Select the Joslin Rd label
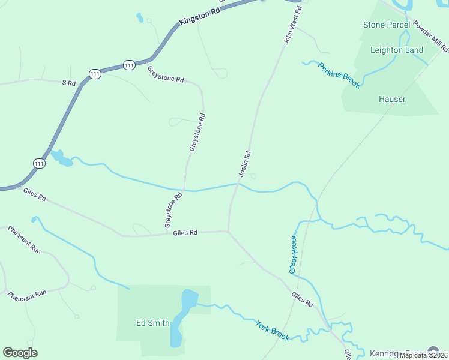click(244, 164)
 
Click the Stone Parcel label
click(387, 25)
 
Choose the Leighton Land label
click(397, 50)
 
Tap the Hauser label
click(392, 99)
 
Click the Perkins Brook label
click(339, 75)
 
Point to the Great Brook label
click(293, 254)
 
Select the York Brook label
click(273, 331)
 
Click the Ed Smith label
click(152, 323)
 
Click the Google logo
click(20, 353)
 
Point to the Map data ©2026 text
click(423, 355)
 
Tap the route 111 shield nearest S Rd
click(95, 73)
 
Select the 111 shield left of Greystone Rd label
click(129, 64)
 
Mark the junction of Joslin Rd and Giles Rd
click(228, 231)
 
